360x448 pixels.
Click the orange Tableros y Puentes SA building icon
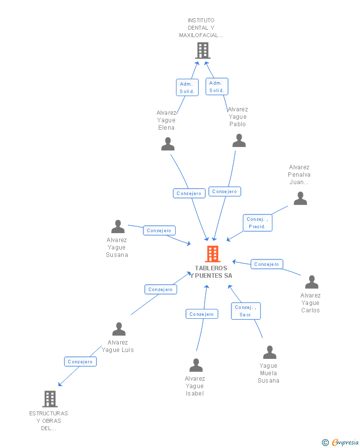click(x=212, y=254)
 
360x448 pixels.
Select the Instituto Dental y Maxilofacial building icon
click(x=202, y=50)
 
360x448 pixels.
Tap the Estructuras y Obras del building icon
click(x=49, y=398)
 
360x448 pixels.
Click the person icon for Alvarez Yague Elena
click(x=168, y=144)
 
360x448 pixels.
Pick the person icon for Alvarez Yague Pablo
click(x=239, y=141)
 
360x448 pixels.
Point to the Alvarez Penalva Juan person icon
click(x=300, y=199)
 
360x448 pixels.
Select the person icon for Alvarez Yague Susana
click(x=118, y=227)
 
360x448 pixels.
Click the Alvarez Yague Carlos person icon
click(x=312, y=282)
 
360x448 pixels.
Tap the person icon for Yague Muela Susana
click(x=270, y=352)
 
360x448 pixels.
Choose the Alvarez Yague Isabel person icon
click(x=196, y=365)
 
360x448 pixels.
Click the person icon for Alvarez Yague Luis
click(x=119, y=329)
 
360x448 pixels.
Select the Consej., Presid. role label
click(x=257, y=223)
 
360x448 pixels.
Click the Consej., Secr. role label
click(x=246, y=311)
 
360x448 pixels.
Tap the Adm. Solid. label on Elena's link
click(x=187, y=88)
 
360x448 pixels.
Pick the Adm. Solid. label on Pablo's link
click(x=217, y=87)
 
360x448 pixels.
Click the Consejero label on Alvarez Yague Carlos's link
click(x=267, y=264)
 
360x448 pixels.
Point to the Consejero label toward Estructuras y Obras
click(x=80, y=362)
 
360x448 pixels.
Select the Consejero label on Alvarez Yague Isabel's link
click(x=202, y=314)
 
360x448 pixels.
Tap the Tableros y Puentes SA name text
click(x=211, y=272)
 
